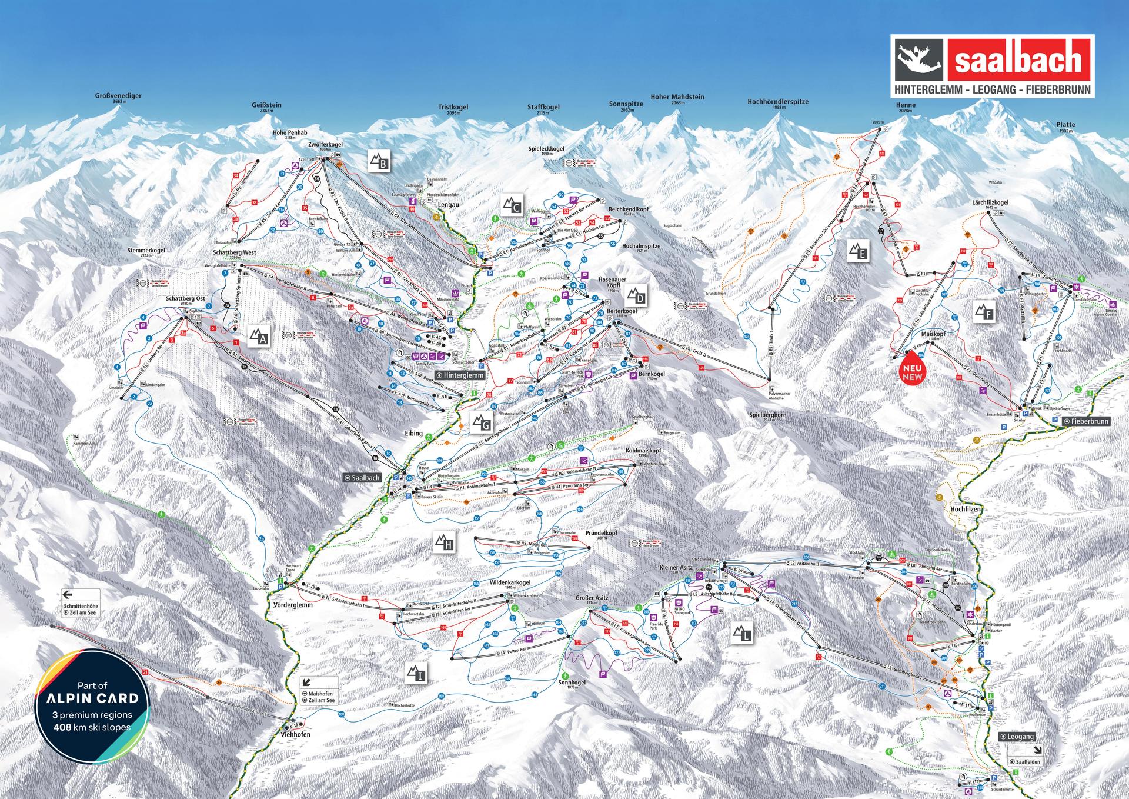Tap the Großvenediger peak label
pos(118,96)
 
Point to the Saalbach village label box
pos(362,478)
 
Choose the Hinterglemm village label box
pos(460,375)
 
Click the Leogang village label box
pos(1017,736)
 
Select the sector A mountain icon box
pos(259,337)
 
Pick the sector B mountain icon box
pos(380,161)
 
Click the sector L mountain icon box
pos(743,634)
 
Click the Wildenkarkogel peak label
pos(494,582)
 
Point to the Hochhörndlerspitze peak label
pos(777,102)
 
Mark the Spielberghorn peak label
pos(767,415)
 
